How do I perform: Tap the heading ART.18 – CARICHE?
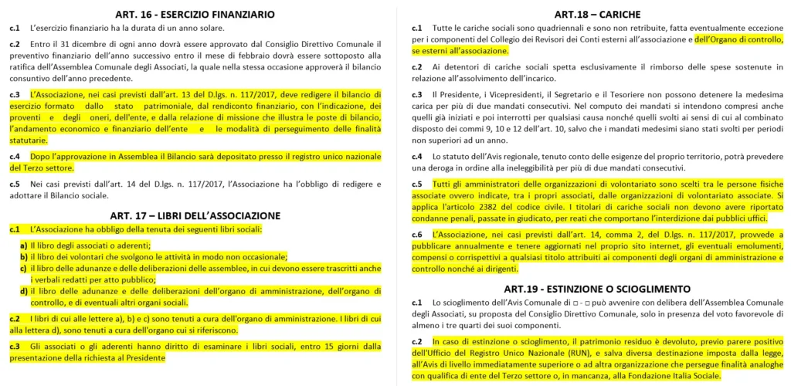597,14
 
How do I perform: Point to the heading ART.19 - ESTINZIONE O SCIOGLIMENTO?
598,287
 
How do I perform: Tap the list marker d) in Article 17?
24,291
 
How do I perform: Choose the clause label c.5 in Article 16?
15,184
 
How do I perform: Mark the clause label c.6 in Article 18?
417,234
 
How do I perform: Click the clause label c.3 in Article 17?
15,347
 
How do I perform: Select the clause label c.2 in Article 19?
417,341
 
